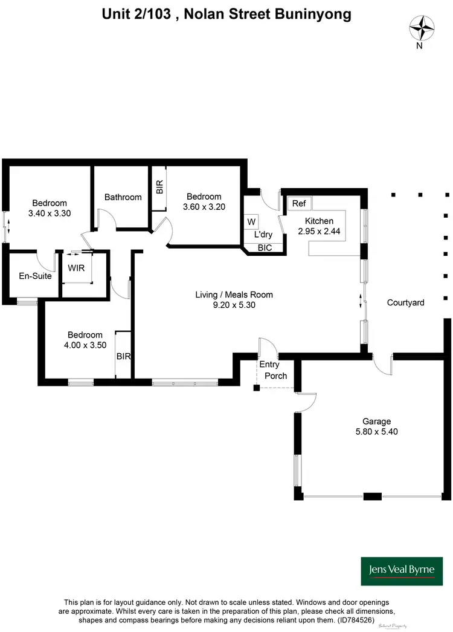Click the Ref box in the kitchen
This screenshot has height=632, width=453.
pos(299,203)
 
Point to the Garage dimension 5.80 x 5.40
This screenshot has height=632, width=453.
pos(377,432)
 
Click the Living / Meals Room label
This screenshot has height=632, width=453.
pos(234,295)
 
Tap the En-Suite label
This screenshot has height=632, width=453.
pos(34,276)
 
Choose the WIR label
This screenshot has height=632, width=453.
pos(76,267)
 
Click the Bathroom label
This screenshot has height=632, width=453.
pos(123,197)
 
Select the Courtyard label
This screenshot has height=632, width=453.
pos(405,302)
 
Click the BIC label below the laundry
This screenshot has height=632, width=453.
pos(265,248)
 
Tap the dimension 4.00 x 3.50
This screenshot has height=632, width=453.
pos(85,345)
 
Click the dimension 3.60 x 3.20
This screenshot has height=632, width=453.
pos(204,207)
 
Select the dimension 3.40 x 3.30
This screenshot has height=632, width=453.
pos(50,213)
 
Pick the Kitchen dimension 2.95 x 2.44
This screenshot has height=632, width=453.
pos(319,231)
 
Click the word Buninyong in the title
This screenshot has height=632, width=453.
pos(312,14)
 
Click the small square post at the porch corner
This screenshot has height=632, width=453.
pos(256,387)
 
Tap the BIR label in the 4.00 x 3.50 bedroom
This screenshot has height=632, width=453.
pos(123,357)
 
